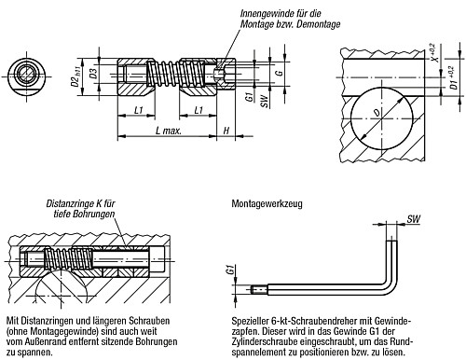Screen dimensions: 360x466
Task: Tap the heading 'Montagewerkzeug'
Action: coord(263,201)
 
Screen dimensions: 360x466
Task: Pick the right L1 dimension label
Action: coord(198,111)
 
